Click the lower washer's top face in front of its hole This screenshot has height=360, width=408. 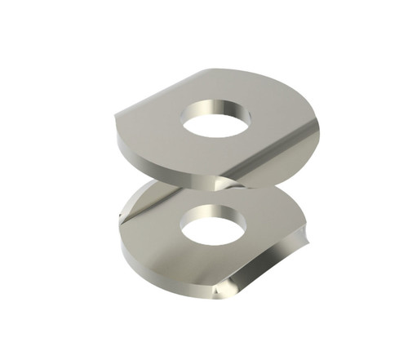(x=216, y=265)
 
